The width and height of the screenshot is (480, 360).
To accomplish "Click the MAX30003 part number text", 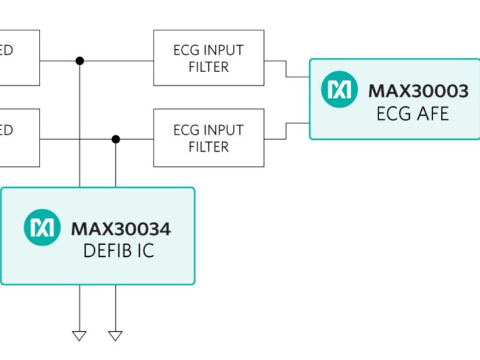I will click(x=418, y=91).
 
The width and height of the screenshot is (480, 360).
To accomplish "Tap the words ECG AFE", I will click(x=412, y=113).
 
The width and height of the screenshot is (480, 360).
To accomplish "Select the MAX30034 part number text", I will click(x=121, y=229).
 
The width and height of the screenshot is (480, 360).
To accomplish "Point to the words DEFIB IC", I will click(x=118, y=250).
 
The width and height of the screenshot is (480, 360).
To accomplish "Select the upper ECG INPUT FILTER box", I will click(x=208, y=58).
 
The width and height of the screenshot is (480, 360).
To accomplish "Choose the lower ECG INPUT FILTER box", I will click(x=208, y=137).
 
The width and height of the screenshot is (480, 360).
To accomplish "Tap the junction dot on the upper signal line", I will click(x=80, y=61).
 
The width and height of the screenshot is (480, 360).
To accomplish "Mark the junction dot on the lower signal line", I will click(x=116, y=139).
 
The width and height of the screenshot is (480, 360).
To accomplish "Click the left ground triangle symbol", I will click(x=79, y=335).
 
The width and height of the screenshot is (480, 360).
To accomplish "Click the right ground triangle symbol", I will click(x=115, y=335).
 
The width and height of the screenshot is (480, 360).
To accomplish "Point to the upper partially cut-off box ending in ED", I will click(x=18, y=58).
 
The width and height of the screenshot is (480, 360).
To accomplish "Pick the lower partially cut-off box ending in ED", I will click(x=18, y=137).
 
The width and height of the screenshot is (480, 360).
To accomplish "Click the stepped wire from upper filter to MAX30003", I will click(x=286, y=68).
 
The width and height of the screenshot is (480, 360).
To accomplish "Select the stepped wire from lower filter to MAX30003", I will click(x=286, y=131).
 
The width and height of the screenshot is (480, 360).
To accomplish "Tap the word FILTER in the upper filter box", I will click(x=208, y=67).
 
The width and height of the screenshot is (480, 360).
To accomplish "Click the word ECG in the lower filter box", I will click(x=185, y=130).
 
